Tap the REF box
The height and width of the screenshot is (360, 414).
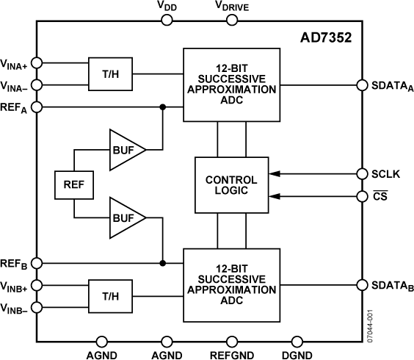pos(74,186)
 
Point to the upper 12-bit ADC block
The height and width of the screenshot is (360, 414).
pos(231,84)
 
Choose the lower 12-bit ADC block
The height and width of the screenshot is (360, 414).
pos(231,285)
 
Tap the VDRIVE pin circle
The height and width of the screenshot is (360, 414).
pos(232,20)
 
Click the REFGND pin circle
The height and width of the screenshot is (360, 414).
pos(232,341)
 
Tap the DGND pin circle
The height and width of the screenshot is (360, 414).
pos(297,341)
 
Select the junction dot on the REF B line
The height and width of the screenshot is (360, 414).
pos(162,262)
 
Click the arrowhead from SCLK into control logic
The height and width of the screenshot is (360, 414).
pos(274,174)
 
